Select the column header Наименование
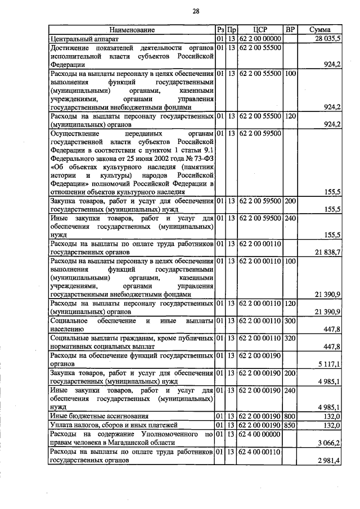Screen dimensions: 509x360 point(132,29)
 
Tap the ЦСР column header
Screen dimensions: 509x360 point(260,29)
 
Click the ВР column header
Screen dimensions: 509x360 point(290,29)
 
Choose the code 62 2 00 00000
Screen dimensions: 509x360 point(260,38)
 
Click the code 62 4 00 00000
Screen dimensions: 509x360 point(260,434)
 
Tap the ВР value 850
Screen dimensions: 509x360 point(290,425)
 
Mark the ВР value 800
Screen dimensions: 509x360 point(290,416)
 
